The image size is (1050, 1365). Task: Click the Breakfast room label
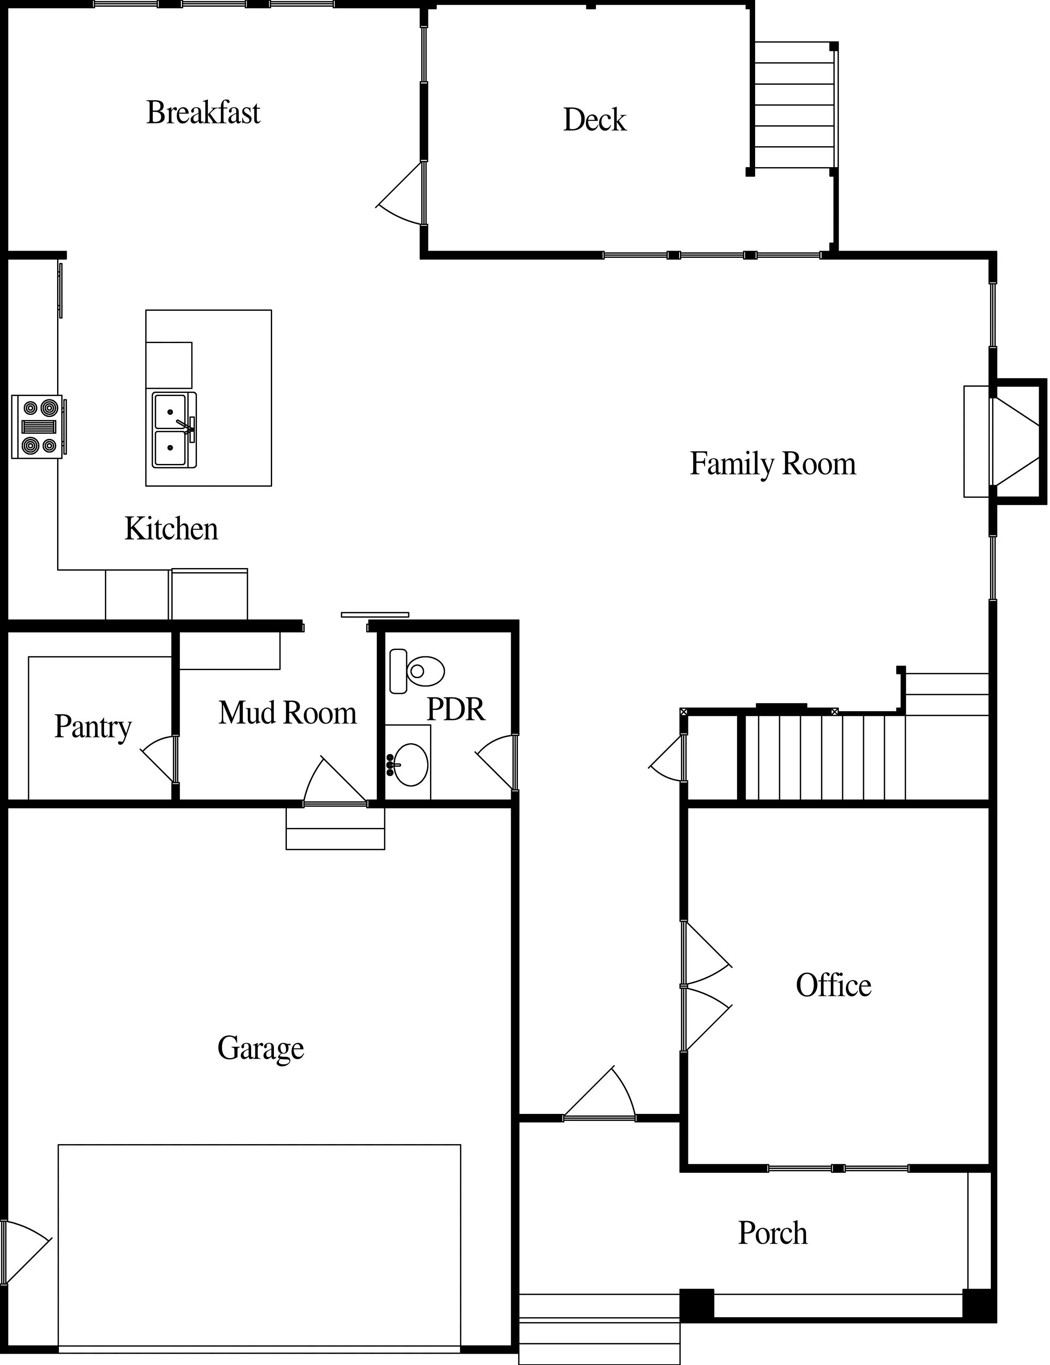click(x=203, y=113)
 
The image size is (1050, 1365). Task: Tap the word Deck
click(x=594, y=120)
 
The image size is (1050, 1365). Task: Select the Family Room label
click(x=772, y=464)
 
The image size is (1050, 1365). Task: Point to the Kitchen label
click(x=171, y=529)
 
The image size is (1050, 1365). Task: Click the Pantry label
click(x=92, y=726)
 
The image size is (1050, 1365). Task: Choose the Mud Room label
click(x=288, y=713)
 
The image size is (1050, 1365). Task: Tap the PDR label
click(x=456, y=709)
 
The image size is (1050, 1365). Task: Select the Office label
click(x=833, y=985)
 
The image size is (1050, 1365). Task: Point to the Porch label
click(x=772, y=1233)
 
